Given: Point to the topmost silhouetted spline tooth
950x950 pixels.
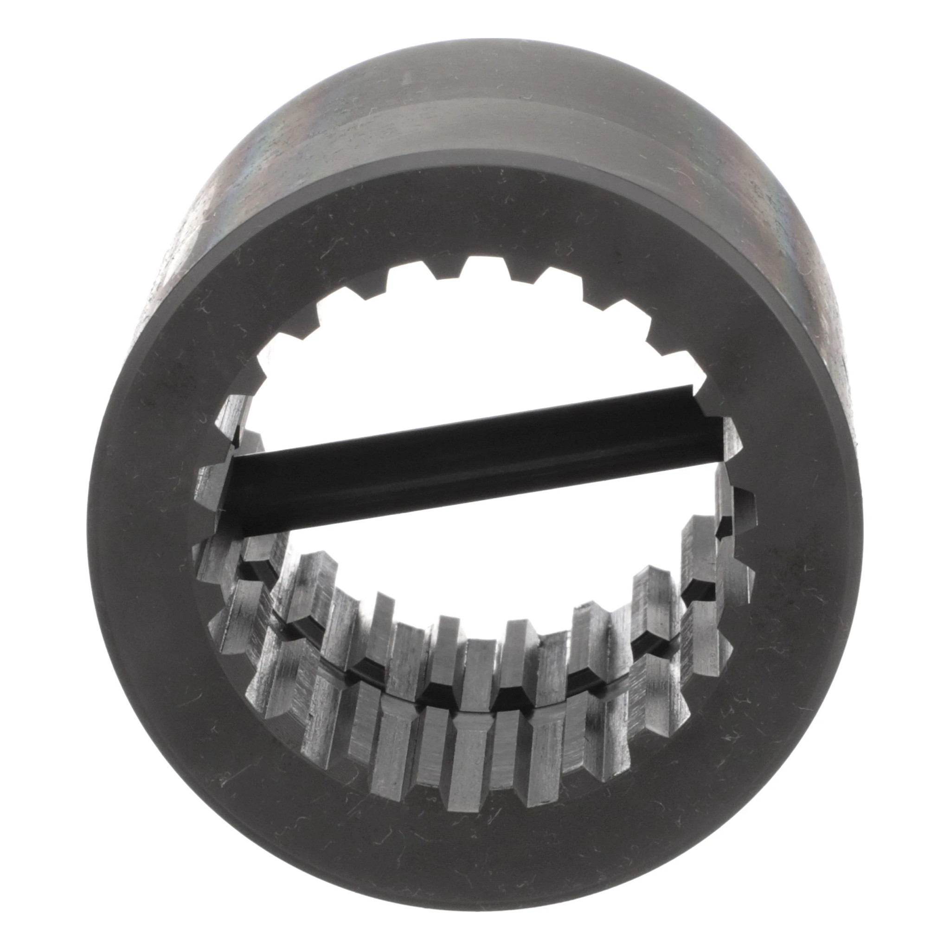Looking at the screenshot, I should pyautogui.click(x=475, y=265).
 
